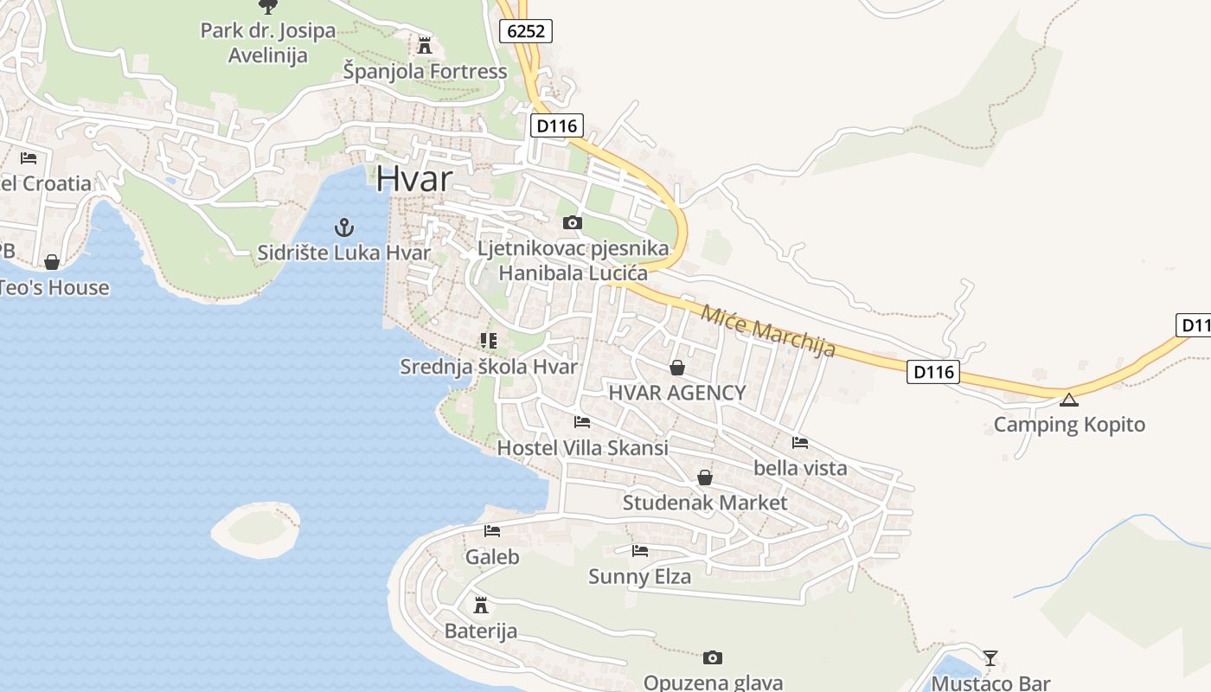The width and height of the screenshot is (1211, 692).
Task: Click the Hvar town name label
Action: [414, 179]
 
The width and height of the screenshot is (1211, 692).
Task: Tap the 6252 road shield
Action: [526, 32]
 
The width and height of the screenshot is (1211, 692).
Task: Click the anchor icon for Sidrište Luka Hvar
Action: [344, 228]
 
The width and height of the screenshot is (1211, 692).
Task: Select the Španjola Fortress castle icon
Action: [424, 45]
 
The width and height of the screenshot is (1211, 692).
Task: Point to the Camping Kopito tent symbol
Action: [1069, 400]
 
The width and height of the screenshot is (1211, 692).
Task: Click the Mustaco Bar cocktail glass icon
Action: [990, 658]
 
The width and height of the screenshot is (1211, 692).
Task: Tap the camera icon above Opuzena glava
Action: [713, 658]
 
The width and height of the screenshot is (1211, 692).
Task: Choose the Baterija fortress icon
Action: [481, 605]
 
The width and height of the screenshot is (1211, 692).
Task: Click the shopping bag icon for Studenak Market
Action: [705, 477]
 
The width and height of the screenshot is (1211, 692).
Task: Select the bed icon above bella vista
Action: [800, 443]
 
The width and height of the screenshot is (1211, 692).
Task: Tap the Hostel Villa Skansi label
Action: [582, 448]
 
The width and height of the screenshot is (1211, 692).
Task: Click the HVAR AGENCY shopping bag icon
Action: [677, 368]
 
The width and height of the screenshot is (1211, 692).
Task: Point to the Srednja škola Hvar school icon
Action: [489, 341]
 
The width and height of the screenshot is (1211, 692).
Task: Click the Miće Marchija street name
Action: [767, 330]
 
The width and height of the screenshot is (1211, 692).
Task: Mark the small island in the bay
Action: [256, 529]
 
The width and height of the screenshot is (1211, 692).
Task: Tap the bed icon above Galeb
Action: [492, 531]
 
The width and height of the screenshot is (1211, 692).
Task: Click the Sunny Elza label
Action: [640, 576]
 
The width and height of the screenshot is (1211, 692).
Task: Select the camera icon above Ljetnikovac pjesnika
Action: [572, 223]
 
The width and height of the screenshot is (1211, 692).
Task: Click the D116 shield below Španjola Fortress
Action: [555, 125]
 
